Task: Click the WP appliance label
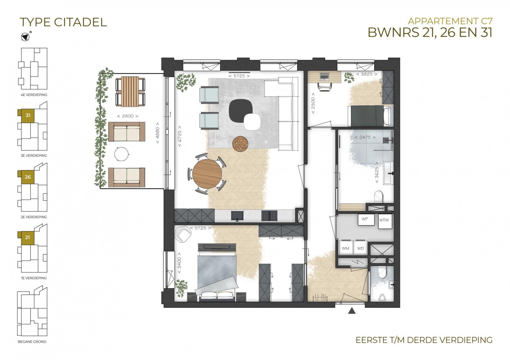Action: pyautogui.click(x=365, y=219)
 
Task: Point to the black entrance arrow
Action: pyautogui.click(x=352, y=311)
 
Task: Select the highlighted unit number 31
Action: pyautogui.click(x=28, y=115)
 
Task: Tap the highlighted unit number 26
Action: pyautogui.click(x=28, y=177)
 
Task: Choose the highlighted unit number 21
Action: pyautogui.click(x=27, y=237)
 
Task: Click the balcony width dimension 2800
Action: pyautogui.click(x=128, y=116)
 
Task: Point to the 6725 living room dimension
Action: pyautogui.click(x=180, y=136)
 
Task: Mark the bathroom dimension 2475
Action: pyautogui.click(x=365, y=137)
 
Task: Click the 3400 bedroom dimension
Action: pyautogui.click(x=179, y=263)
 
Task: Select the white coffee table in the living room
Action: pyautogui.click(x=252, y=121)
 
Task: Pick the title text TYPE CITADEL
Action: pyautogui.click(x=63, y=22)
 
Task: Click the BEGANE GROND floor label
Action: pyautogui.click(x=32, y=348)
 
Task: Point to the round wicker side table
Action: pyautogui.click(x=240, y=143)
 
